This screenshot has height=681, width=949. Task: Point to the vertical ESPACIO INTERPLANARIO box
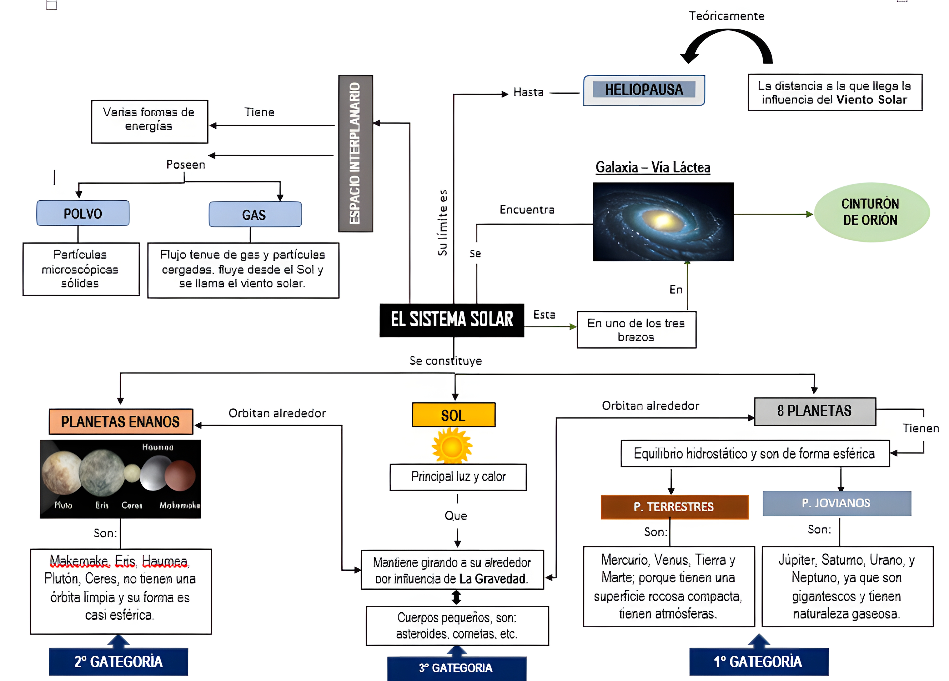pos(355,153)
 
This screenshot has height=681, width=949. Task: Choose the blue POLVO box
pos(83,213)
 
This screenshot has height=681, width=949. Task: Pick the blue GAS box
pos(255,214)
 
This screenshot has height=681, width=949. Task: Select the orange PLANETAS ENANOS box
pos(121,421)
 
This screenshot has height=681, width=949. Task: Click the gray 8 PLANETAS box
pos(815,411)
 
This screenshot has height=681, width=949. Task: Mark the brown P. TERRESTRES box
pos(674,507)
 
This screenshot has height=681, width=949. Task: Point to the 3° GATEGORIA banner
pos(457,668)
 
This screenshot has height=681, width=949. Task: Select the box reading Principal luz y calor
pos(458,477)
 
